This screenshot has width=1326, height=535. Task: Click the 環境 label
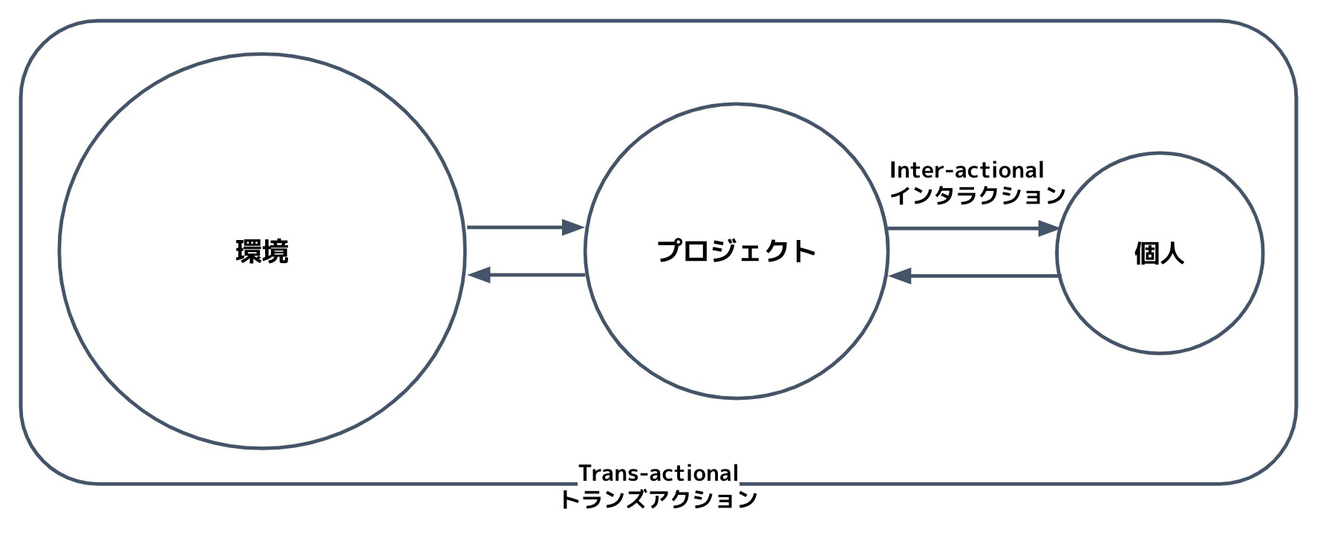pyautogui.click(x=262, y=252)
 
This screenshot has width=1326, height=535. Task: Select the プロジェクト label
pyautogui.click(x=736, y=251)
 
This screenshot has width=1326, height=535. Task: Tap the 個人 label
pyautogui.click(x=1159, y=253)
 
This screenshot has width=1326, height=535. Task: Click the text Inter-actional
pyautogui.click(x=967, y=170)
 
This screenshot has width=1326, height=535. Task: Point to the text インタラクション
pyautogui.click(x=977, y=195)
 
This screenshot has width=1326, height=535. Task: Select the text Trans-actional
pyautogui.click(x=659, y=473)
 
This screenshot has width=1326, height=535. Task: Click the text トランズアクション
pyautogui.click(x=659, y=499)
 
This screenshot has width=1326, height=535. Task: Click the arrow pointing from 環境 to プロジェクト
pyautogui.click(x=524, y=227)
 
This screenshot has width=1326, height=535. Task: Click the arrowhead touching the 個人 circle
pyautogui.click(x=1048, y=229)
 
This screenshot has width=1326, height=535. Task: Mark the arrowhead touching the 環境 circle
pyautogui.click(x=480, y=275)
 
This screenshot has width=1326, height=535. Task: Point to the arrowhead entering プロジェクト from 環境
pyautogui.click(x=573, y=227)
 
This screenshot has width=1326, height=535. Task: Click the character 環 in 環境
pyautogui.click(x=249, y=252)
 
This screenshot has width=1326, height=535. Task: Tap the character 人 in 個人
pyautogui.click(x=1172, y=253)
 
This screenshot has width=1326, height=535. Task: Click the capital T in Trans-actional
pyautogui.click(x=585, y=473)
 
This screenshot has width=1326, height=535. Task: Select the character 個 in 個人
pyautogui.click(x=1146, y=253)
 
